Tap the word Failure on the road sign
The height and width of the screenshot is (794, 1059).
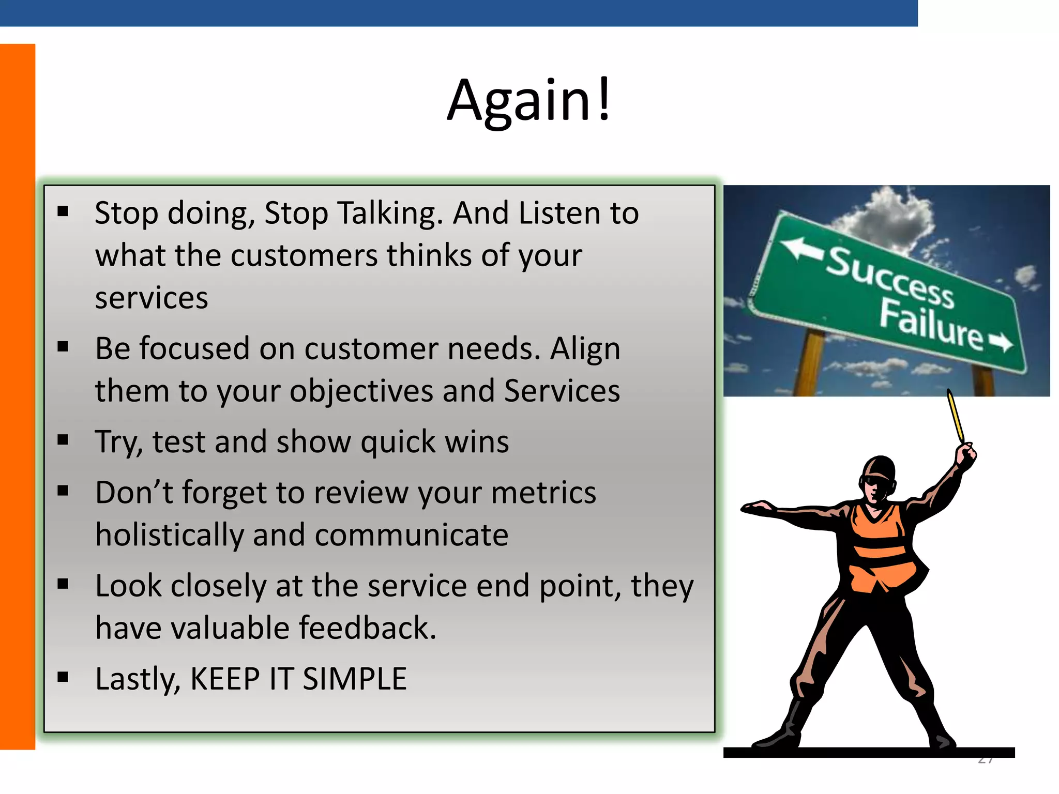[x=931, y=325]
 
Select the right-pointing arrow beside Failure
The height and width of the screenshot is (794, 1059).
[x=1001, y=342]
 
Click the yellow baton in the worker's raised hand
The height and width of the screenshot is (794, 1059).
[x=956, y=416]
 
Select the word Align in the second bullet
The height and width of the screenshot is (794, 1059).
[x=585, y=349]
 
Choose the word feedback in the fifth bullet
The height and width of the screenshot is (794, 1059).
[x=368, y=628]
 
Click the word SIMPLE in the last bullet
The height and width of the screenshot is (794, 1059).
[x=354, y=679]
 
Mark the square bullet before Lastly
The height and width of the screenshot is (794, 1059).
[x=63, y=677]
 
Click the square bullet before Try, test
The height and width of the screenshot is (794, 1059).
[x=63, y=440]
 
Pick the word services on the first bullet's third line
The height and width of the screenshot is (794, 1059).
[x=152, y=298]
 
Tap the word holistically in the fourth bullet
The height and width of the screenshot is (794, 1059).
[x=169, y=535]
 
